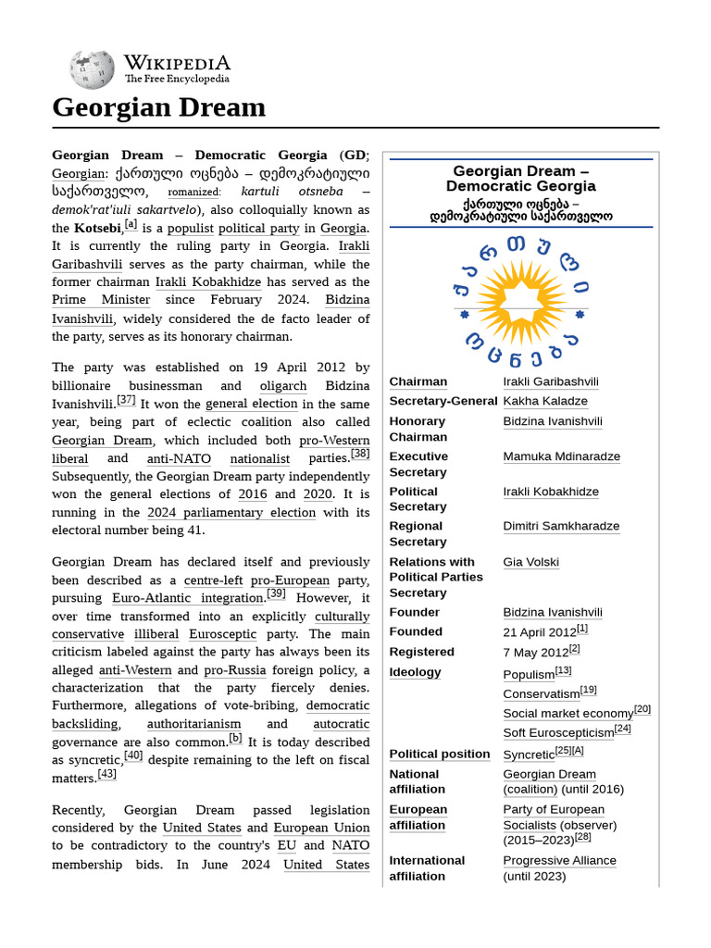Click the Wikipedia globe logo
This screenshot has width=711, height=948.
[x=92, y=69]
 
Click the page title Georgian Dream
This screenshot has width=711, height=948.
[x=158, y=107]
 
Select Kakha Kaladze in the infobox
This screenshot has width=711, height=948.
[x=545, y=401]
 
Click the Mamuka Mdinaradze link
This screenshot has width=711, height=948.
[x=561, y=456]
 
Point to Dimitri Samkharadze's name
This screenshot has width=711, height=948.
[x=561, y=526]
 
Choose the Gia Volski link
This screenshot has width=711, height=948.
[x=530, y=562]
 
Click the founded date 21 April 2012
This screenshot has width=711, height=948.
[x=540, y=631]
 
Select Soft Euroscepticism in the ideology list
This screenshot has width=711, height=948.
[x=558, y=732]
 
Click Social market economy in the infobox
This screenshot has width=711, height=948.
[x=568, y=714]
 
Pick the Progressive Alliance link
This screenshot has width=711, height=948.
[x=559, y=860]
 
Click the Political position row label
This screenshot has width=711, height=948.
[x=439, y=754]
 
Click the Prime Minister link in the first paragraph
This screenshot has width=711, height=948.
[x=101, y=300]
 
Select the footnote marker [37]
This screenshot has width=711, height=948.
[x=126, y=401]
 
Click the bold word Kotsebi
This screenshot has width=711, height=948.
[x=97, y=228]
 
